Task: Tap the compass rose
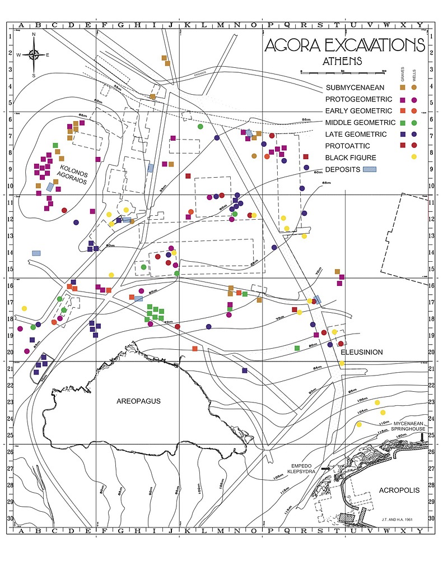coord(34,54)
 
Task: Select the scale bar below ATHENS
coord(343,72)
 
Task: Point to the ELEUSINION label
coord(362,352)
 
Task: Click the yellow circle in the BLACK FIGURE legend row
coord(414,158)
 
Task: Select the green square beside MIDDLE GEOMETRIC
coord(402,123)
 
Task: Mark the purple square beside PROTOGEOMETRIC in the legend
coord(402,100)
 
